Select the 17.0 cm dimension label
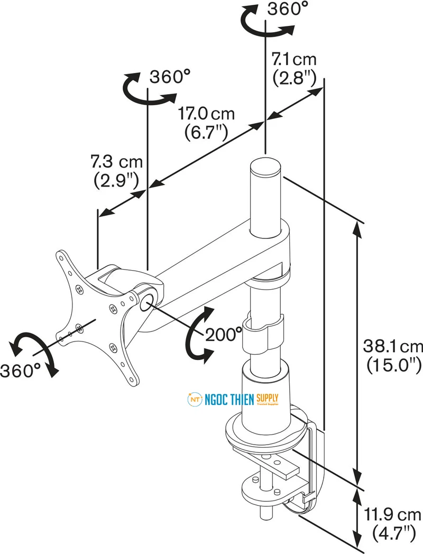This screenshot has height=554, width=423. tap(206, 114)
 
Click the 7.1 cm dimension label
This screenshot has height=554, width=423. tap(294, 58)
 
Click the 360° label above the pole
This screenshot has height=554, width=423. tap(288, 9)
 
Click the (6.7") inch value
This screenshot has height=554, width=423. tap(206, 132)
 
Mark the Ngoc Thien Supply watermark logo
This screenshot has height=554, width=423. tap(233, 400)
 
